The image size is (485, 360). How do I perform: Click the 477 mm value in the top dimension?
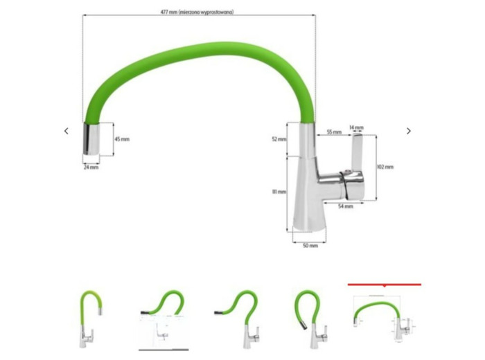(168, 12)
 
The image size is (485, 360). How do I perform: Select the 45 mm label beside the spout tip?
(122, 139)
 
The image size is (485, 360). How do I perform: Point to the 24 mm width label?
(91, 167)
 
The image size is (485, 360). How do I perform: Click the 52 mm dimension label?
(278, 139)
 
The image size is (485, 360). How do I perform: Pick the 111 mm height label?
(279, 192)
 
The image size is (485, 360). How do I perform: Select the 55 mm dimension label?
(333, 132)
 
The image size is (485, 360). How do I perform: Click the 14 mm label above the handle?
(356, 127)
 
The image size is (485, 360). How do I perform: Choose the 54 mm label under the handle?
(346, 206)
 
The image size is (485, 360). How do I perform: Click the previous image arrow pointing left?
(67, 131)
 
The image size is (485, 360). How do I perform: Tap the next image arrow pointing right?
(409, 131)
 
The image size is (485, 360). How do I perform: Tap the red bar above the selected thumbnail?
(385, 284)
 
